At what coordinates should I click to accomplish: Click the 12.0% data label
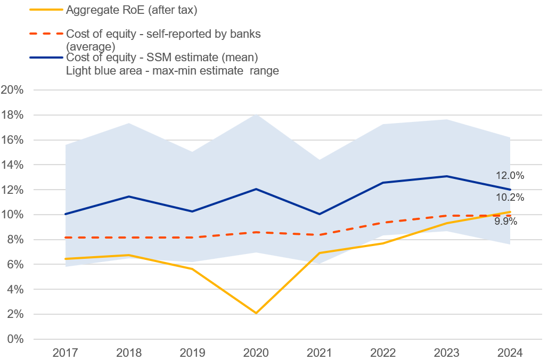coord(510,175)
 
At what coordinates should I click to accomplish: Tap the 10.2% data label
coord(510,198)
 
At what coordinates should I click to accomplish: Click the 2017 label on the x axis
coord(66,353)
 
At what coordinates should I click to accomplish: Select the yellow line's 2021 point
coord(320,253)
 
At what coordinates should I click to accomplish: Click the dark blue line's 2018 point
coord(129,197)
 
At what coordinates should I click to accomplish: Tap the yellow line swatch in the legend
coord(46,10)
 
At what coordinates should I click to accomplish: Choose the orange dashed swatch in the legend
coord(46,34)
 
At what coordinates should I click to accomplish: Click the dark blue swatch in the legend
coord(46,58)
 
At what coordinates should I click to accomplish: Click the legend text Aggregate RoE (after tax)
coord(132,10)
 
